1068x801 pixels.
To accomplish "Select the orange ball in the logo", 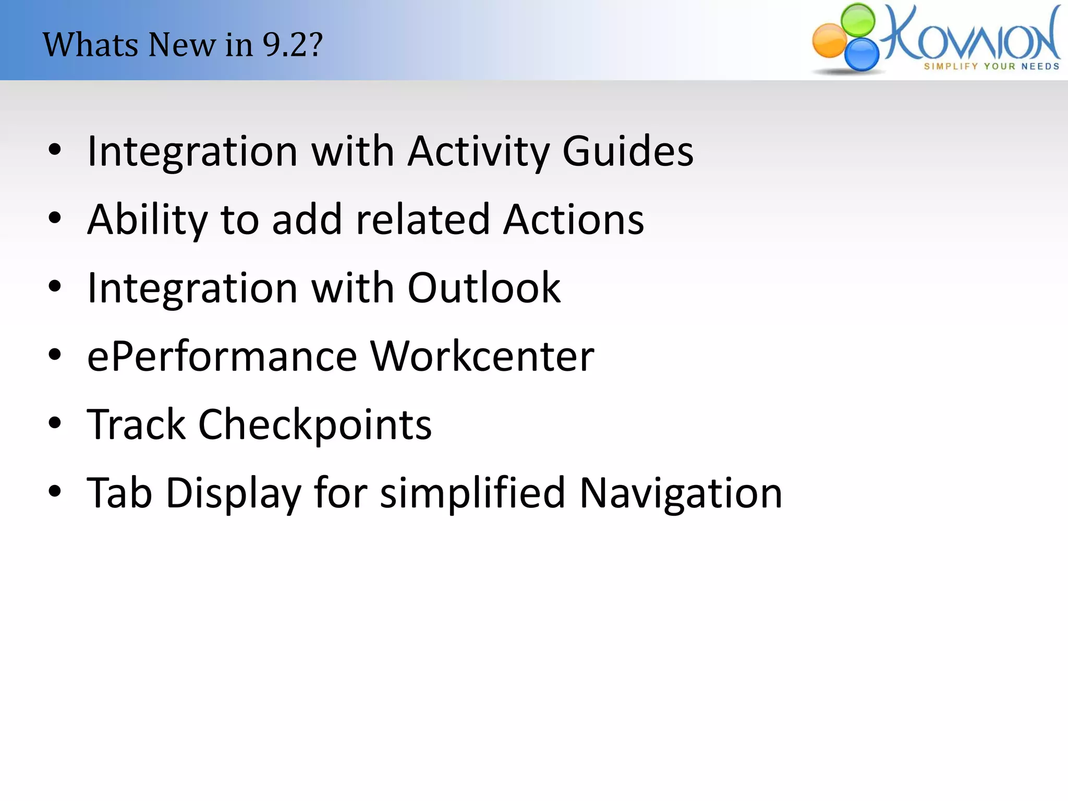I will [830, 41].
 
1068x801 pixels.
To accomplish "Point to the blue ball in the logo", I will [861, 54].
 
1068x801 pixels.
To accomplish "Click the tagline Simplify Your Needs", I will [991, 66].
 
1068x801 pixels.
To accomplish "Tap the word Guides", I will [628, 151].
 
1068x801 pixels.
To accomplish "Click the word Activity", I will [478, 151].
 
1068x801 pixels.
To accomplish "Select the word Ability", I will [148, 220].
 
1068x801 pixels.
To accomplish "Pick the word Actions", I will [574, 220].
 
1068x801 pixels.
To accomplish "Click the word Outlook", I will [483, 288].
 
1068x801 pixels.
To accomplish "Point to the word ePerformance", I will [222, 357].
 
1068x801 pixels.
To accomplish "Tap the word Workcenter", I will [482, 357].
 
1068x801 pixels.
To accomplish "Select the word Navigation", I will [681, 493].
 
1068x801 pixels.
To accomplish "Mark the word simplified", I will [472, 493].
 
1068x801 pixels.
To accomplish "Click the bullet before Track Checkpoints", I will [55, 423].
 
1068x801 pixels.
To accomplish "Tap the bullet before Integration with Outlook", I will [55, 286].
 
